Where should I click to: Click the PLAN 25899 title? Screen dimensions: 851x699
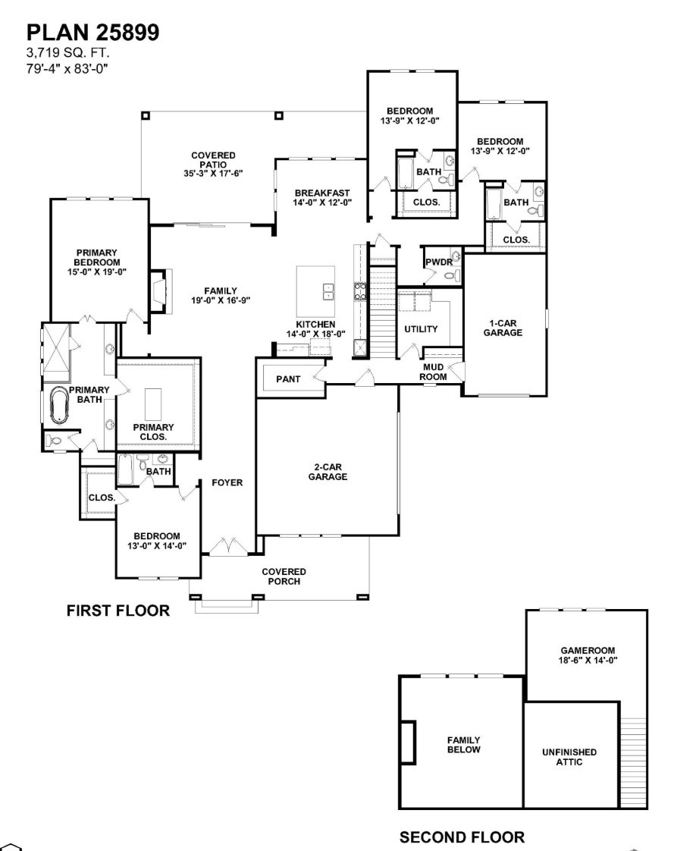(92, 32)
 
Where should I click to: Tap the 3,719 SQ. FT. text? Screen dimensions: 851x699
(68, 55)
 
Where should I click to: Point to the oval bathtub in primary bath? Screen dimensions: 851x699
(58, 406)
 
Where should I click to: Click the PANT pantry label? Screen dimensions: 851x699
(288, 378)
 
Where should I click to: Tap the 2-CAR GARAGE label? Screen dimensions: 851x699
(328, 473)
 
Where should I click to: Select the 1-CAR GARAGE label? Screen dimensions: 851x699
(503, 328)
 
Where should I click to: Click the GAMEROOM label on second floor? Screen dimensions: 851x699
(588, 655)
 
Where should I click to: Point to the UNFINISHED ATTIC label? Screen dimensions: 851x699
(569, 757)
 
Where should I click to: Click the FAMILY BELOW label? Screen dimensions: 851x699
(463, 745)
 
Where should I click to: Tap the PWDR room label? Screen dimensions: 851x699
(437, 262)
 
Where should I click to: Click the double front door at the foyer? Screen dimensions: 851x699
(225, 547)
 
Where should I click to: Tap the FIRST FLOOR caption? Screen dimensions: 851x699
(118, 611)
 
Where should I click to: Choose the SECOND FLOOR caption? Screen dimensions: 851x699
(461, 837)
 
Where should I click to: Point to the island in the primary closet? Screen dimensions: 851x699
(152, 404)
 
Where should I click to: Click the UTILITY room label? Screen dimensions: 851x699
(421, 329)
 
